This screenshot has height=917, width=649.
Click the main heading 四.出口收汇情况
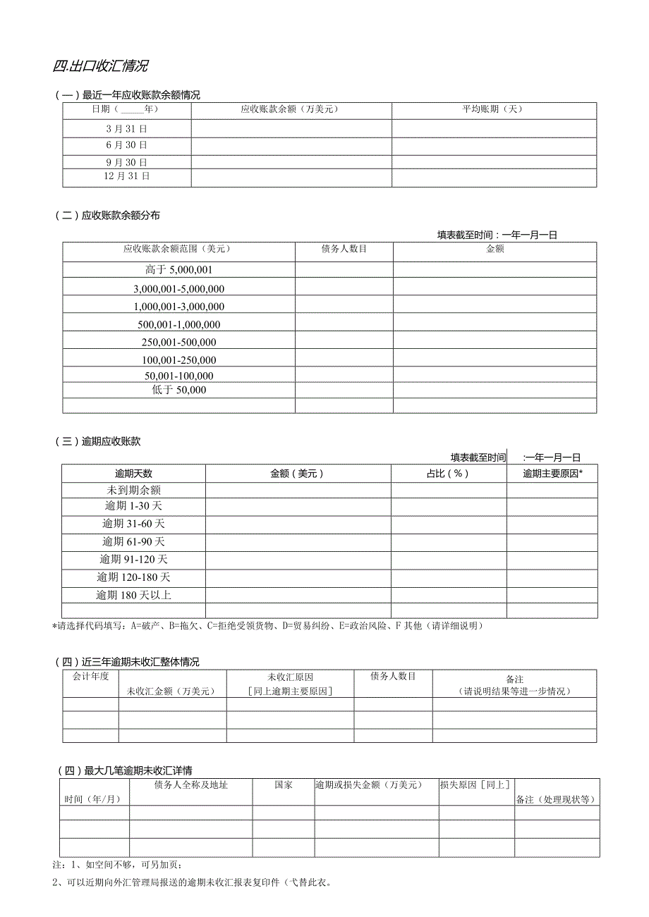(101, 67)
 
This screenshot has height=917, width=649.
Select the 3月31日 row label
(126, 128)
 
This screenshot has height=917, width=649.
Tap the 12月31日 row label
(126, 176)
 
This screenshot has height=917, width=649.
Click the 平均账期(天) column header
(493, 109)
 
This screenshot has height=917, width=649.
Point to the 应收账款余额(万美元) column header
(291, 109)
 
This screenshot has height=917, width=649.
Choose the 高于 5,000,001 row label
(178, 270)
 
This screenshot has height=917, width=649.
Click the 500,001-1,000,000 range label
(178, 324)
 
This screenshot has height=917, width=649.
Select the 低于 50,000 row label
(178, 390)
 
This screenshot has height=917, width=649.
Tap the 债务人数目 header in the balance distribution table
(344, 249)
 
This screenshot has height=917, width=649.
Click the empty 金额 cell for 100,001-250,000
(494, 359)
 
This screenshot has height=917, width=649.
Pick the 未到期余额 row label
(133, 490)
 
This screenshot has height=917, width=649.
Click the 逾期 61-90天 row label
(133, 541)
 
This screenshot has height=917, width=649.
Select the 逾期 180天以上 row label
(133, 595)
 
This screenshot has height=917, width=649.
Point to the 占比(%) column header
(448, 474)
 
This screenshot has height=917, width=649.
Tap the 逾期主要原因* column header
(552, 474)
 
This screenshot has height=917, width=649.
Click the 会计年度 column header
(90, 676)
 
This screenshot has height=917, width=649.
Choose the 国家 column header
(284, 784)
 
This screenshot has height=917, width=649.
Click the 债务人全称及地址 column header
(190, 784)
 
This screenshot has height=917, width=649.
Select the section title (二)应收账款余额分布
(111, 216)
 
